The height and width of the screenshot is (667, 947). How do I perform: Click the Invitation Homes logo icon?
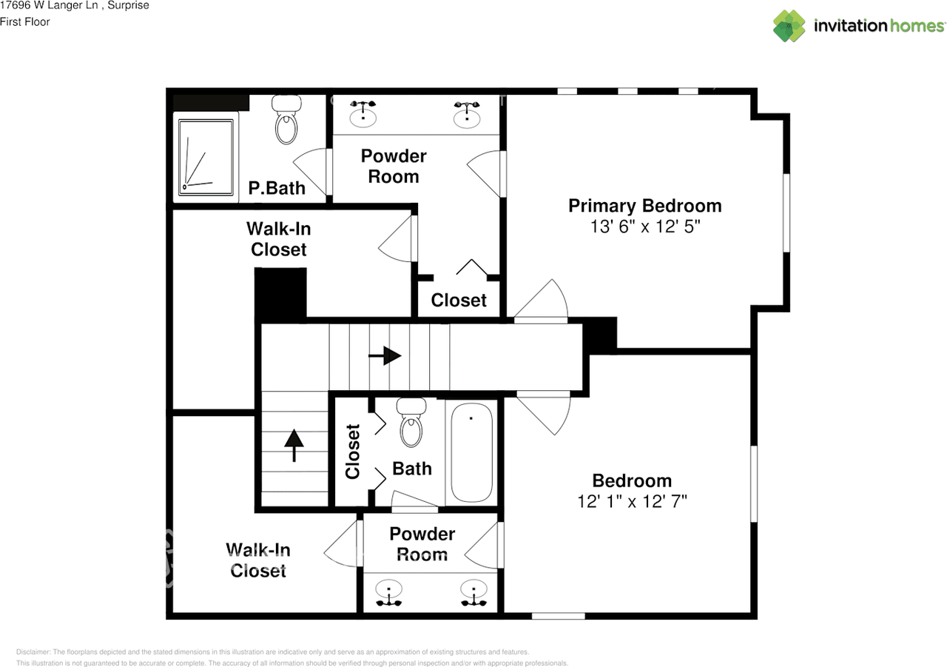[x=789, y=26]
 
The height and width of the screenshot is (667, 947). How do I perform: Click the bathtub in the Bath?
[x=471, y=452]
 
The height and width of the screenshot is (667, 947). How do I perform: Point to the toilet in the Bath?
[x=411, y=422]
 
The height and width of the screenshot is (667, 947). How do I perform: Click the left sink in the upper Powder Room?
[x=363, y=114]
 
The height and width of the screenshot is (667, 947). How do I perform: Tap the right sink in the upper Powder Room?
[x=467, y=114]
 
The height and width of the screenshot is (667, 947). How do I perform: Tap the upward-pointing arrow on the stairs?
[x=294, y=445]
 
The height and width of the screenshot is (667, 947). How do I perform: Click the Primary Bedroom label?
[x=644, y=206]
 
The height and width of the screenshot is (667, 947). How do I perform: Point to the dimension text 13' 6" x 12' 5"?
[x=644, y=227]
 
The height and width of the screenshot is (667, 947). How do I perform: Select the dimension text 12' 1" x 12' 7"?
[x=632, y=501]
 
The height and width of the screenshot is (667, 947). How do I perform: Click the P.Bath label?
[x=277, y=188]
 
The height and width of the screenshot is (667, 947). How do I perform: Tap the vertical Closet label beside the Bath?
[x=353, y=451]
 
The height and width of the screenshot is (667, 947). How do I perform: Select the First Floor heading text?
[x=25, y=22]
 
